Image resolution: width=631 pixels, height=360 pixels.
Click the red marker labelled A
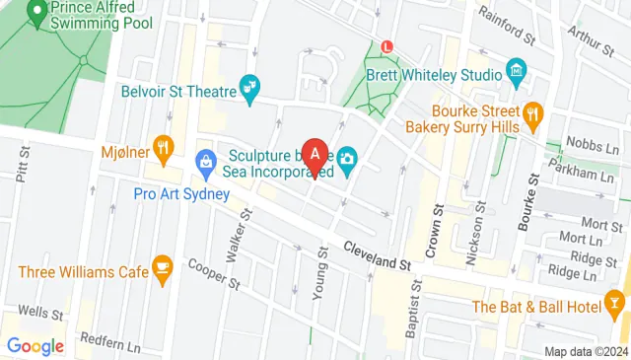click(315, 154)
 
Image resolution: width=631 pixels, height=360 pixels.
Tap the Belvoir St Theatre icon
click(251, 90)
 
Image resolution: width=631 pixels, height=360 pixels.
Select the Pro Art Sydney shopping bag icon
click(206, 158)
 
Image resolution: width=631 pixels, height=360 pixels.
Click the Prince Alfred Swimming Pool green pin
click(38, 13)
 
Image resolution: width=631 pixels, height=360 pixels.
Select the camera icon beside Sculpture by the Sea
click(348, 159)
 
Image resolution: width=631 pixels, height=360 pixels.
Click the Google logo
click(35, 346)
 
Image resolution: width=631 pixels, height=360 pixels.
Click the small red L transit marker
click(386, 45)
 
